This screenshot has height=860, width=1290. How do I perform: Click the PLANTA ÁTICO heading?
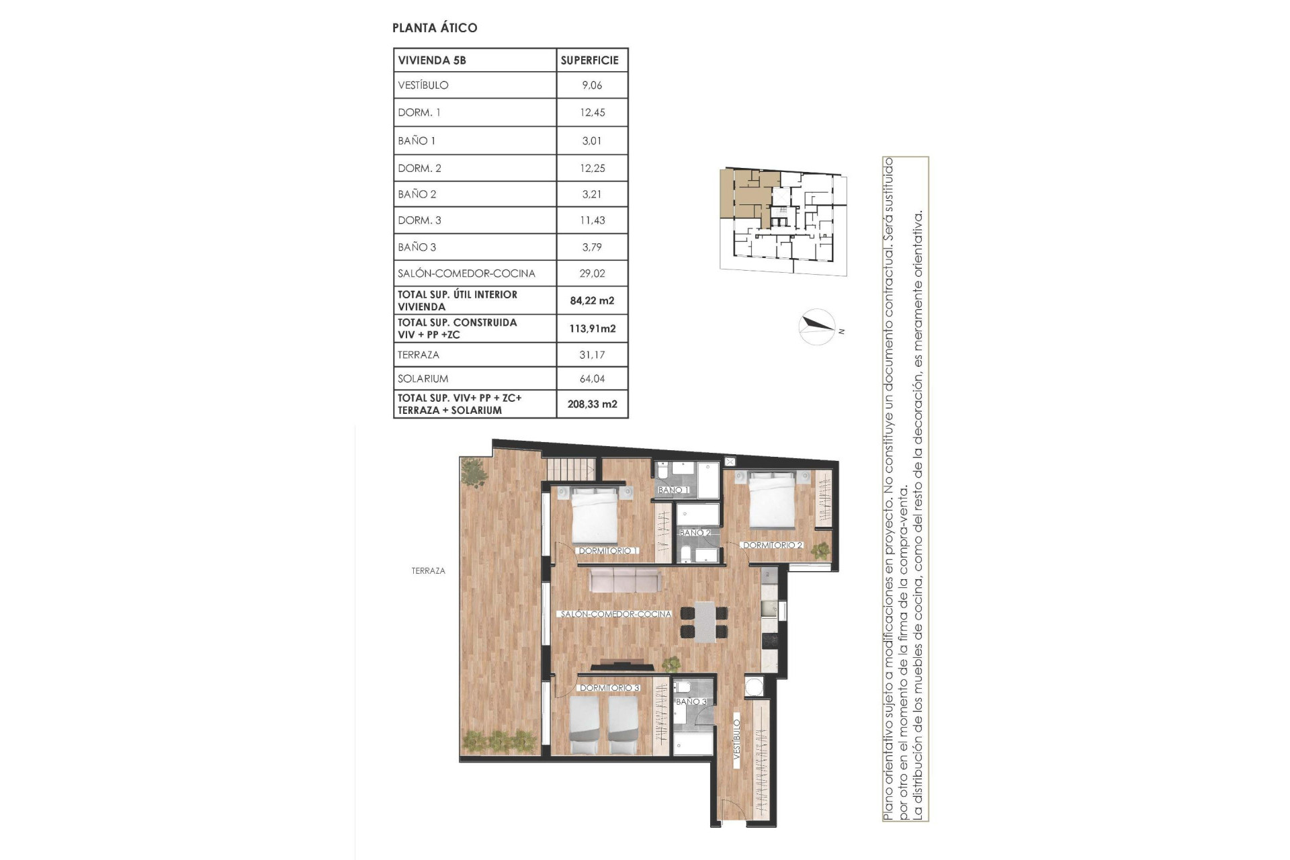[435, 28]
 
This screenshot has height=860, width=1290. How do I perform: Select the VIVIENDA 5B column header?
[432, 60]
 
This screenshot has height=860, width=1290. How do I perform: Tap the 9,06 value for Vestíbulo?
[592, 85]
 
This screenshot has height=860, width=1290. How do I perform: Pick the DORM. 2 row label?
[419, 168]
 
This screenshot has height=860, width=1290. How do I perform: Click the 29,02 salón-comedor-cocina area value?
[592, 273]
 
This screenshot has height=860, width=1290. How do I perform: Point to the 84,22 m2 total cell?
[592, 300]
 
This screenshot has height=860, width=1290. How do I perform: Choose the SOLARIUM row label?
[423, 378]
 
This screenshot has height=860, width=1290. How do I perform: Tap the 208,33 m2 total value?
[592, 404]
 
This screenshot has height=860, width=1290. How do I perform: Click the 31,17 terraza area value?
[592, 355]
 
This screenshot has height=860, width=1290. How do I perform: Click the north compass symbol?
[818, 327]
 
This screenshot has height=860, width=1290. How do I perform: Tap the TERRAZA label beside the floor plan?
[428, 570]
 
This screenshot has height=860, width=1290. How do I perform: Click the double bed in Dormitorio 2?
[771, 501]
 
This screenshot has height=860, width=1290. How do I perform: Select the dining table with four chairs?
[704, 621]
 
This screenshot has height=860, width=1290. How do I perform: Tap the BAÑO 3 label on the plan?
[691, 701]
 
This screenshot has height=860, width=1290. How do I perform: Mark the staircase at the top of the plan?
[570, 469]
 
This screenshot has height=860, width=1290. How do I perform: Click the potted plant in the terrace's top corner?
[474, 472]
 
